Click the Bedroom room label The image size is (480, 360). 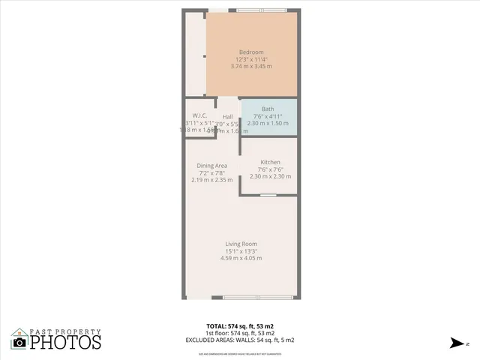point(251,52)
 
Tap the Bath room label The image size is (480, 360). point(268,109)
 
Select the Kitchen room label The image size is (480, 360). point(270,163)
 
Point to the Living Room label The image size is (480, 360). point(241,244)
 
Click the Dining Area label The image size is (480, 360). point(211,166)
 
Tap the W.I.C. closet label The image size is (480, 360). point(200,115)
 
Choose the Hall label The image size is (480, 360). point(227,116)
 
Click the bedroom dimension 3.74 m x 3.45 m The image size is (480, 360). point(251,67)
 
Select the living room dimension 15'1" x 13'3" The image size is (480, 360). point(241,251)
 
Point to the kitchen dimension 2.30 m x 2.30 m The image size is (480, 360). point(270,177)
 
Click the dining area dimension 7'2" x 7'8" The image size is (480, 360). point(211,173)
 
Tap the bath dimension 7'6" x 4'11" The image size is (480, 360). point(268,116)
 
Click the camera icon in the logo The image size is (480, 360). point(19,342)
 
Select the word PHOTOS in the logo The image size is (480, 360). point(66,343)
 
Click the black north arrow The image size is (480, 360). point(456,343)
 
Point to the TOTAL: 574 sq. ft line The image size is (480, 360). point(240,326)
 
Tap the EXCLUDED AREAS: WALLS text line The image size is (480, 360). point(240,340)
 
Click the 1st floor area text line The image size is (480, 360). point(240,333)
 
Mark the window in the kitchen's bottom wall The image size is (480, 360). point(268,195)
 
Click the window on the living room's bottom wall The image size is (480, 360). point(258,298)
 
